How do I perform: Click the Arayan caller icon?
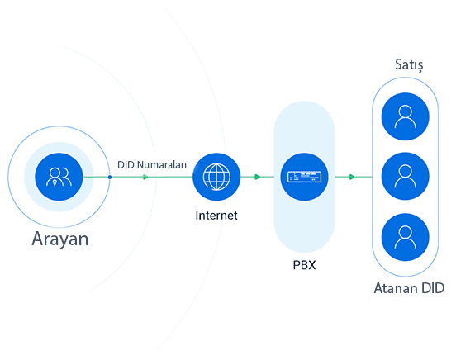59,177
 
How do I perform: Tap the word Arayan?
60,239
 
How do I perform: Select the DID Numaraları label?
152,165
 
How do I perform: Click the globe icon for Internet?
216,177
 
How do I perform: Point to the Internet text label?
216,216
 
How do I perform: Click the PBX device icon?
304,177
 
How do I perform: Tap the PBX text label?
304,265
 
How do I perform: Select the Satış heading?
409,64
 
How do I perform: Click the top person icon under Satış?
405,116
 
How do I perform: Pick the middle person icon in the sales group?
405,176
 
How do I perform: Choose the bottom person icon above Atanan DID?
405,237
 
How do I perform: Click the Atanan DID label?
409,288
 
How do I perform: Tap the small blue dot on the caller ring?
110,177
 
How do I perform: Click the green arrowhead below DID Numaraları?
145,177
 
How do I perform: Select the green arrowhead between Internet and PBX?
258,177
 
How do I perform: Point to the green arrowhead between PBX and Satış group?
352,177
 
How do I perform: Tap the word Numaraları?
162,165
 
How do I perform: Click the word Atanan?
396,288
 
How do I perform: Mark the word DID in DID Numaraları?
126,165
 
